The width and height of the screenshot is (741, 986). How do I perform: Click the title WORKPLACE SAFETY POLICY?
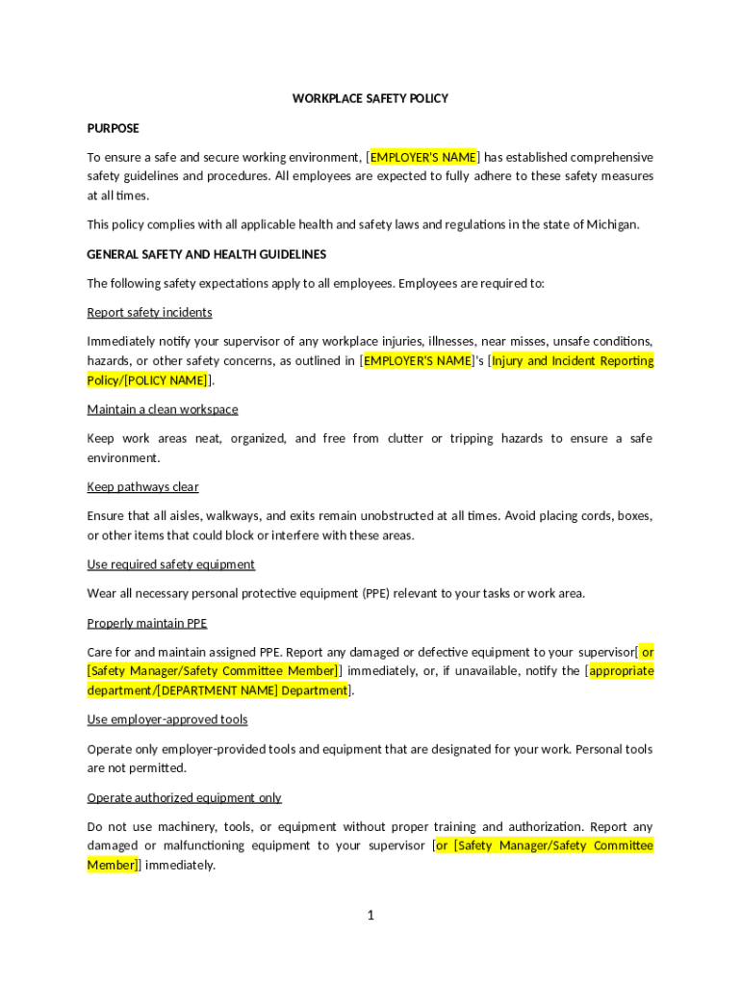pos(370,99)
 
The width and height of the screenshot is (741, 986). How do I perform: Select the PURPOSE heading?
pos(114,128)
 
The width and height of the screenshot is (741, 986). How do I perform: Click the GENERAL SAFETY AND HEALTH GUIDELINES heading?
pos(207,254)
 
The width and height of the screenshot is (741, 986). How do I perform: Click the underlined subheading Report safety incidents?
pos(149,312)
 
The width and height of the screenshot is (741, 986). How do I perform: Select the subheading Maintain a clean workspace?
pos(163,409)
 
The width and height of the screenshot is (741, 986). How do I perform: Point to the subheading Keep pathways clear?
pos(142,486)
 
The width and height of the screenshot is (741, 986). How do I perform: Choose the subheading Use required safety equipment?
pos(171,564)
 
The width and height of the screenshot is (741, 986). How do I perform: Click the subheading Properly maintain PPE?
pos(147,623)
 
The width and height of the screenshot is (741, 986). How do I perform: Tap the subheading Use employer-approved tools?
pos(167,719)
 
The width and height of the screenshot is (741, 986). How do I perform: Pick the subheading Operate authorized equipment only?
pos(185,797)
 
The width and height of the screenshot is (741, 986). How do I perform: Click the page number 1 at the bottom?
pos(370,915)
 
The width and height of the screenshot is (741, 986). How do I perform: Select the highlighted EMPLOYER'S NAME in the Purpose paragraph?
pos(423,157)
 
